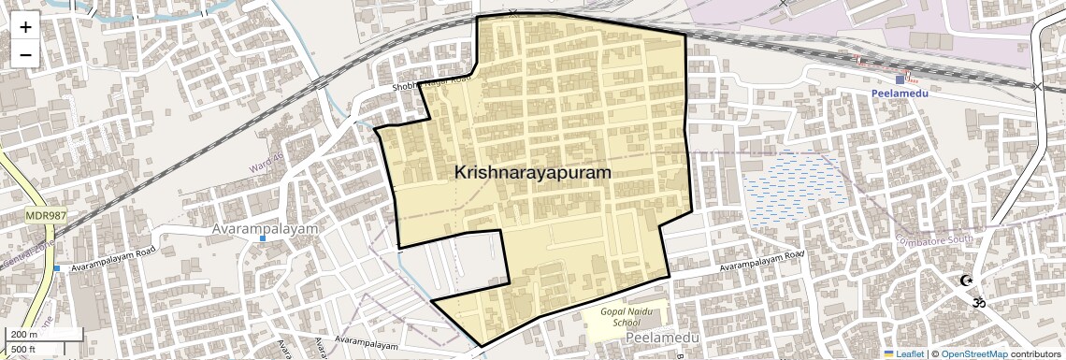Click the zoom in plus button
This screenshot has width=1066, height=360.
[x=25, y=26]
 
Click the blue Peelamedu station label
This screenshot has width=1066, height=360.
[x=898, y=94]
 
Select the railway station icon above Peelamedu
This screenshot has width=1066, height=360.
[x=900, y=80]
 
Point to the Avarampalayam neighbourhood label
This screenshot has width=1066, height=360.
[x=266, y=228]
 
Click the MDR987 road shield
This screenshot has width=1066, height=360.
[x=42, y=216]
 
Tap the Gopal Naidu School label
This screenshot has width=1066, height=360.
[x=626, y=315]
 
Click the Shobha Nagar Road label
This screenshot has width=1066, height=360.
[x=428, y=87]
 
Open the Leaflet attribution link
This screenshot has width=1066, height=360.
[x=904, y=354]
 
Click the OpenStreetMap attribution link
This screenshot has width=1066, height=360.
[x=973, y=354]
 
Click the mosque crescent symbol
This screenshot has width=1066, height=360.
[x=966, y=281]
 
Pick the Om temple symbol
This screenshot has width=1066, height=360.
[x=978, y=302]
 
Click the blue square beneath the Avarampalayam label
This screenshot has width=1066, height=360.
[x=263, y=238]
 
